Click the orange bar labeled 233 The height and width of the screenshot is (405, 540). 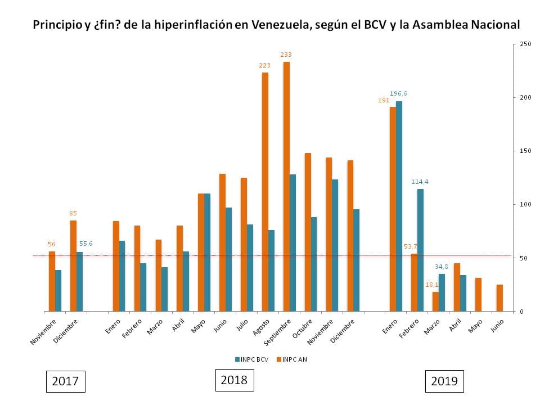click(286, 186)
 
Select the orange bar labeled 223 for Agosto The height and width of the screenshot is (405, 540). click(265, 192)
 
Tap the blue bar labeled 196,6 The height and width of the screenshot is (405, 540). click(399, 206)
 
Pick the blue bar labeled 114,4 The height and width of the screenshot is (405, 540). click(420, 250)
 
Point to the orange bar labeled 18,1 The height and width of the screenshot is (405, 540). click(435, 301)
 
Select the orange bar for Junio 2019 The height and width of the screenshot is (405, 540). click(499, 298)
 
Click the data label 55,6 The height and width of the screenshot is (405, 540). click(85, 244)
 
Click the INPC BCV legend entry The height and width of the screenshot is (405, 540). click(250, 359)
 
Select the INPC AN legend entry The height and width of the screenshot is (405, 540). click(292, 359)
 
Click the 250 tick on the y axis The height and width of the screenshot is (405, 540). click(526, 44)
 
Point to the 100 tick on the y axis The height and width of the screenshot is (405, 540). click(526, 204)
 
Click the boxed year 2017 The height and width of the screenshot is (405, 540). click(65, 381)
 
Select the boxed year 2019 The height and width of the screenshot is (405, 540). click(444, 381)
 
